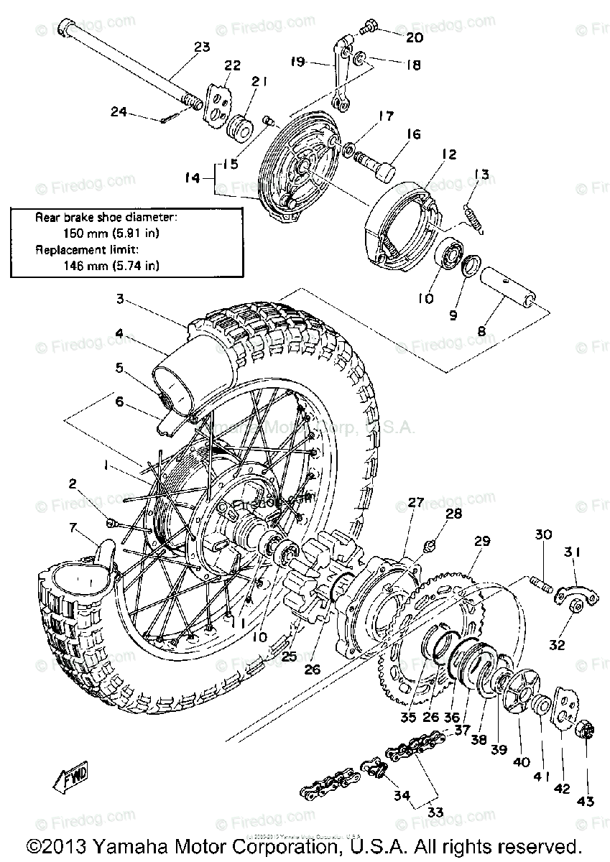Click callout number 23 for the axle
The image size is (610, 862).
click(202, 47)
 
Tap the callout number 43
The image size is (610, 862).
click(586, 801)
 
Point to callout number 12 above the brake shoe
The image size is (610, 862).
click(448, 154)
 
